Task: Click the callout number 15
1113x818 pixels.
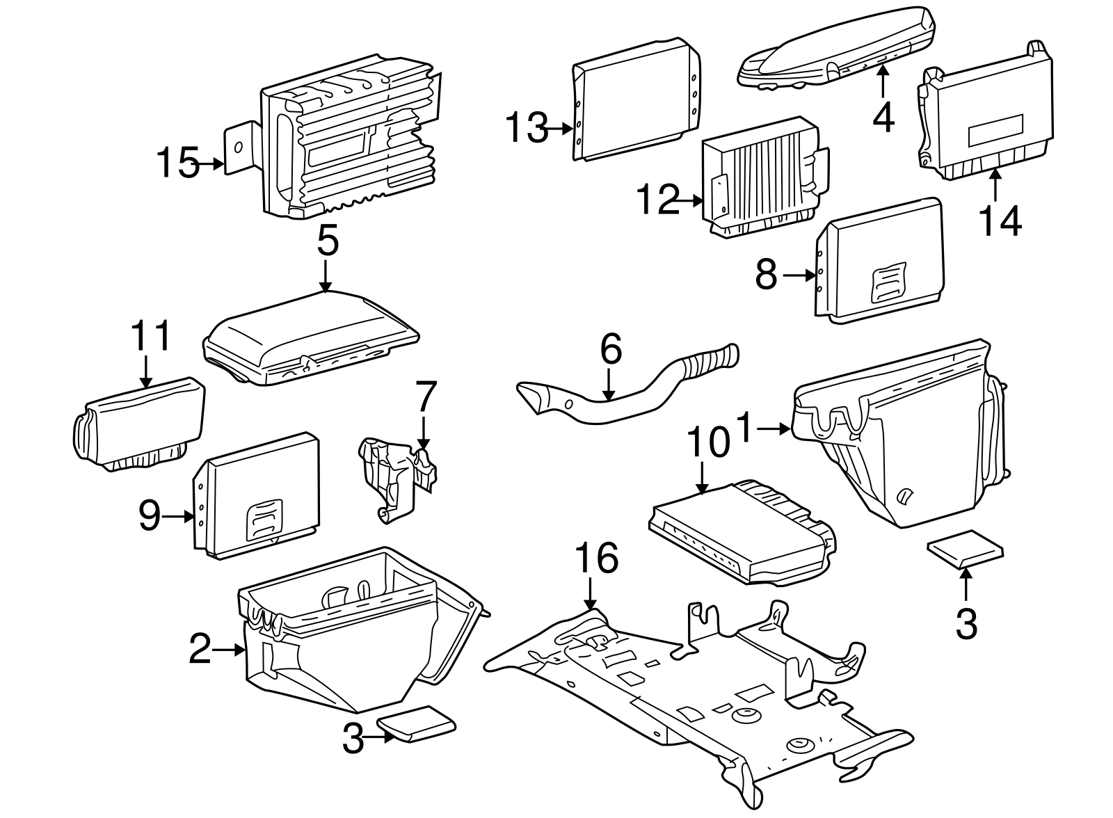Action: pos(177,164)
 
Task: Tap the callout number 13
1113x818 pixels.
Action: pos(527,128)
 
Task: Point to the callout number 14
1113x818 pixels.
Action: pos(1000,220)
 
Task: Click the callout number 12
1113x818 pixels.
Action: pos(657,200)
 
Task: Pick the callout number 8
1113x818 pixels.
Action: pos(766,275)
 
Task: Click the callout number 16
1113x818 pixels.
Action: pos(597,560)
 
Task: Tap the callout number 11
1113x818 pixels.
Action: pos(152,337)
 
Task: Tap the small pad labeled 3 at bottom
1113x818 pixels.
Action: pos(416,725)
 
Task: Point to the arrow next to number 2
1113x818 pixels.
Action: pos(228,650)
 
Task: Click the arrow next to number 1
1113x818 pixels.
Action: pos(776,430)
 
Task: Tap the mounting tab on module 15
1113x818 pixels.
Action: pos(239,147)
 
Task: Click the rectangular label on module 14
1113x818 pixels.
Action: pos(995,129)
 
